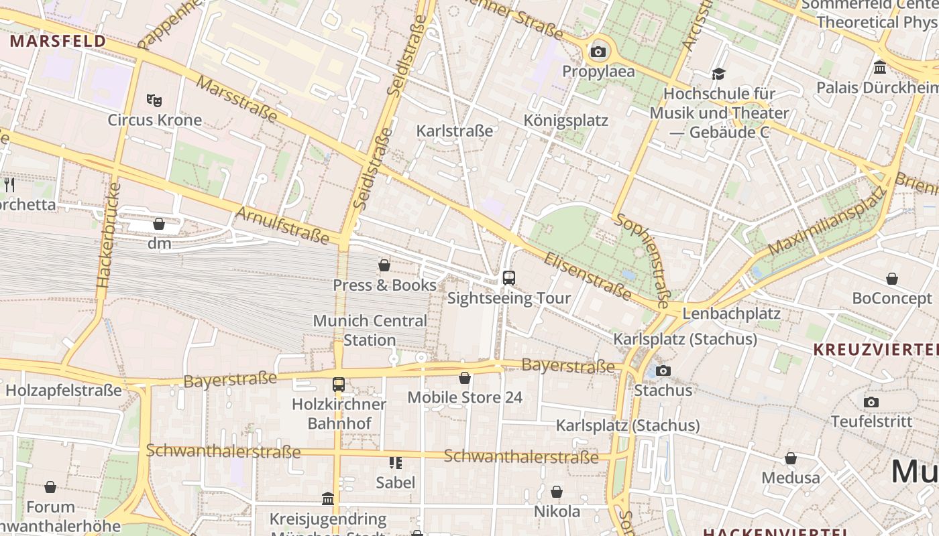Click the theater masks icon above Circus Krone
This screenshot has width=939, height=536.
click(154, 100)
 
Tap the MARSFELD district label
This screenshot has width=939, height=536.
click(58, 41)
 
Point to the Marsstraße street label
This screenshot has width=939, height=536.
click(237, 99)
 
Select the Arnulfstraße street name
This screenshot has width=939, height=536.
click(282, 225)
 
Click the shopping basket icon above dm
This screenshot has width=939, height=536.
click(159, 224)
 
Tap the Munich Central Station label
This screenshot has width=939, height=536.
click(370, 330)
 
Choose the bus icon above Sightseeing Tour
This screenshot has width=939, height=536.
click(509, 277)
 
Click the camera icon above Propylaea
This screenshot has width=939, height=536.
click(598, 52)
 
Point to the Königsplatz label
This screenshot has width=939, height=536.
click(565, 121)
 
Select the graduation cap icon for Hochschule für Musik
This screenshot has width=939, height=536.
click(718, 74)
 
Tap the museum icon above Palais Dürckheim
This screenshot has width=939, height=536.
click(880, 68)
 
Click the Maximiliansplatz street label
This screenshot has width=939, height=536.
click(826, 222)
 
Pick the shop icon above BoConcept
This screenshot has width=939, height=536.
click(892, 279)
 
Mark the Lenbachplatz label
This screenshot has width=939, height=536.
click(731, 314)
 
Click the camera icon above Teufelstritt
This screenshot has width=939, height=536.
click(871, 402)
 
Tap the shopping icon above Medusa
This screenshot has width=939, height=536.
click(791, 458)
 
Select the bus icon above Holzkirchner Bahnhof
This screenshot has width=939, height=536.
click(339, 385)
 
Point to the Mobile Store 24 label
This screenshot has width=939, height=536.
click(465, 397)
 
